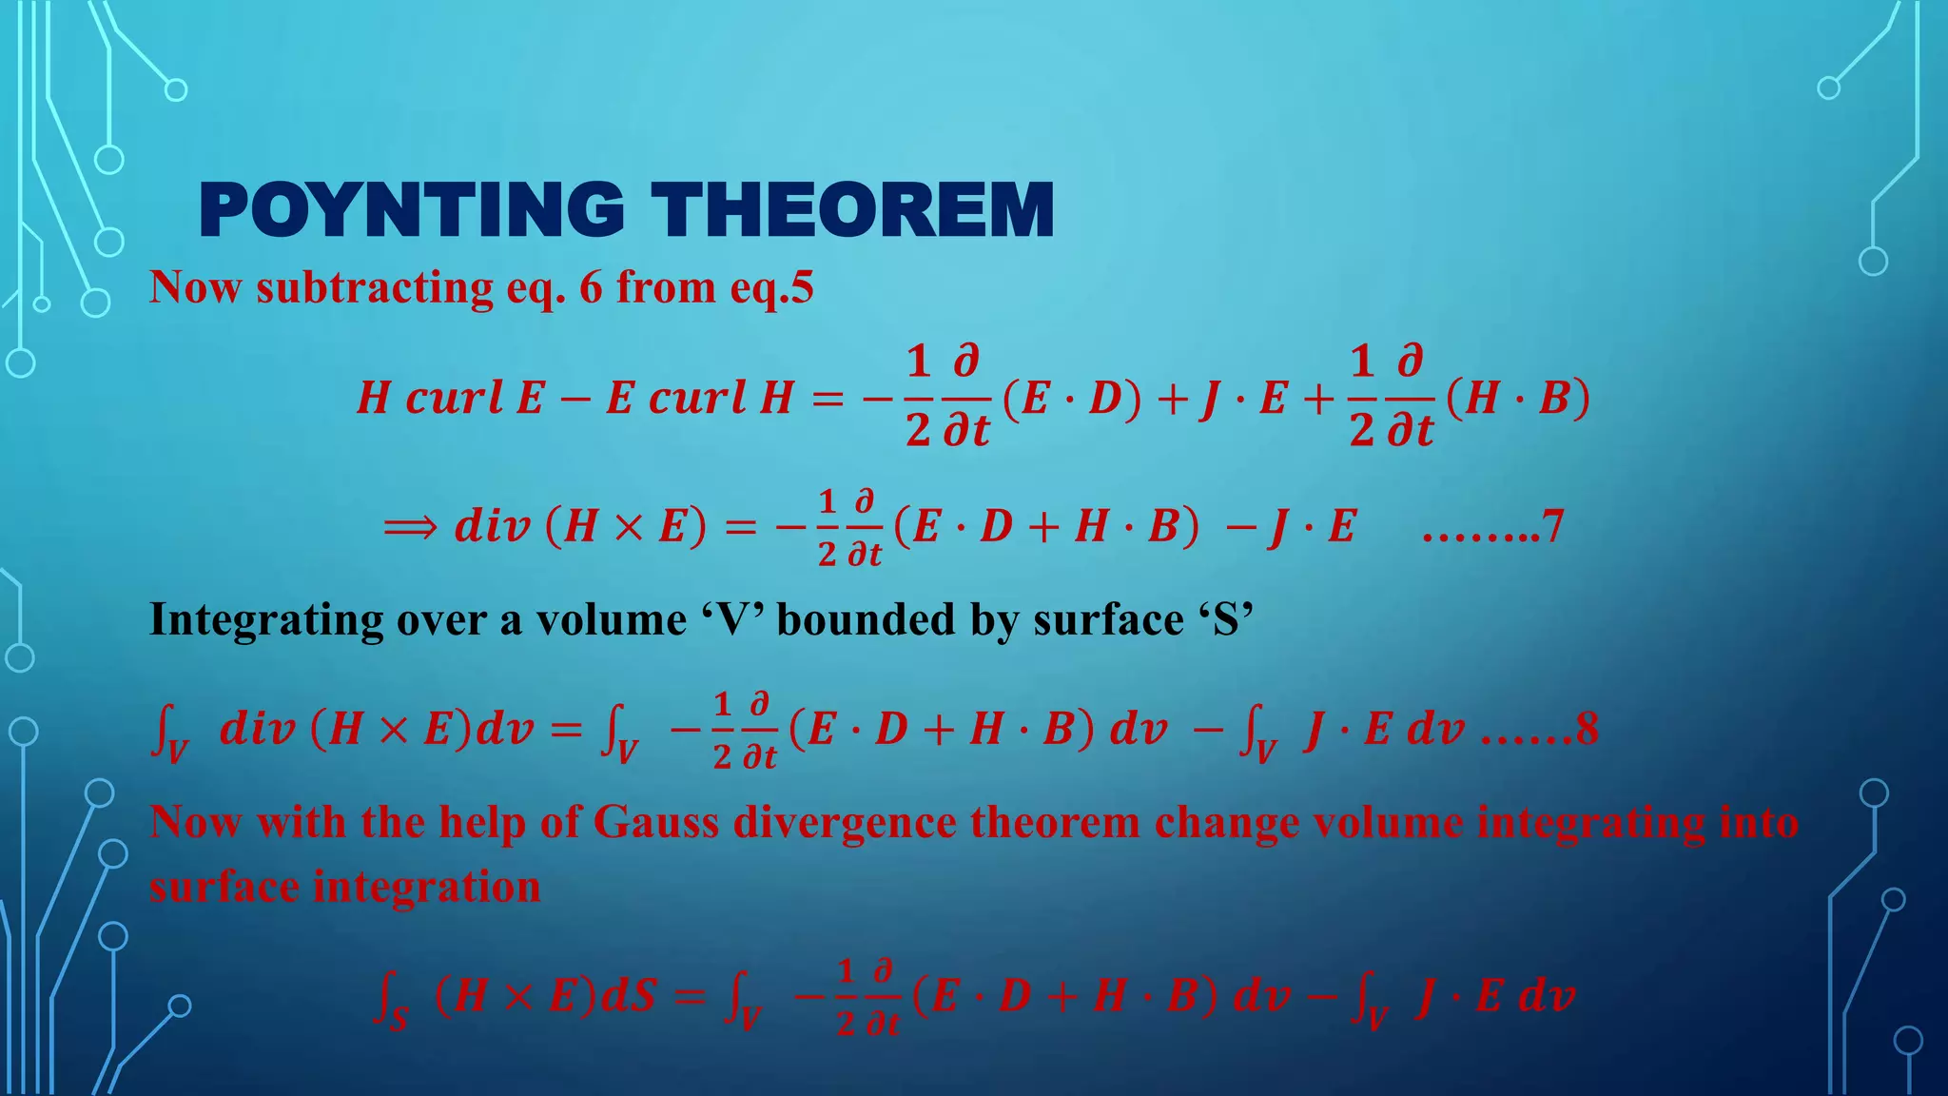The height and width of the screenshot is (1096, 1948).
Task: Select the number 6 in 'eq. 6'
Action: pyautogui.click(x=591, y=287)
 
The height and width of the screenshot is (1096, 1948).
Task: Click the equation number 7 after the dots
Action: pyautogui.click(x=1552, y=526)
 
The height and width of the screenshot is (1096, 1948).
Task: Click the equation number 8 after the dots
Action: pyautogui.click(x=1588, y=730)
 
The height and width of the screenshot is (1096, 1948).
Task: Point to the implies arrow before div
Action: pyautogui.click(x=410, y=526)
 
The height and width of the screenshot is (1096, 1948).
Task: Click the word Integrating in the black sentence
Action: pyautogui.click(x=266, y=620)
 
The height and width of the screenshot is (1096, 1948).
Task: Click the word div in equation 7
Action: pyautogui.click(x=492, y=526)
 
